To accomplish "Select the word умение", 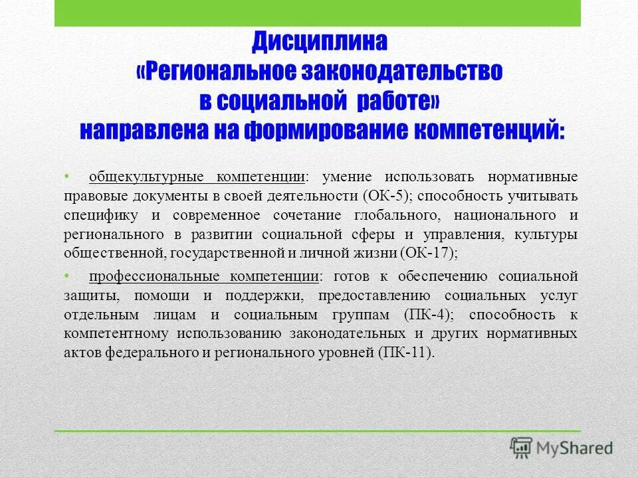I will [x=345, y=177].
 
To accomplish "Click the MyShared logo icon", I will [x=522, y=448].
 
